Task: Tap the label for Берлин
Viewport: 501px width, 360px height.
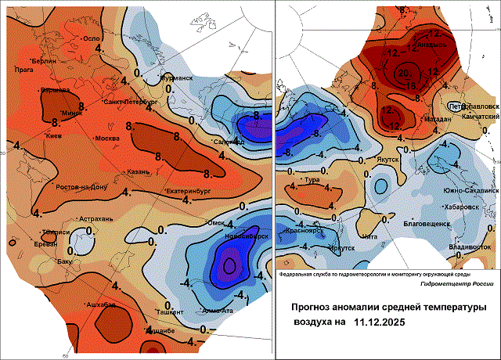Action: pos(44,60)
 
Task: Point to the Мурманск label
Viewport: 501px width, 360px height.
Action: pos(176,78)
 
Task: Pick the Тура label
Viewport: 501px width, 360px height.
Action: pos(312,180)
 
